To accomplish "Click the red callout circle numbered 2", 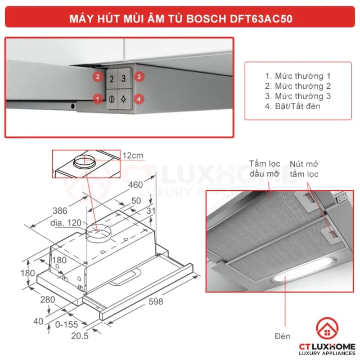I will tap(98, 76).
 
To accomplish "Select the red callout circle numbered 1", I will tap(98, 98).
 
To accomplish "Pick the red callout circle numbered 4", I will tap(138, 98).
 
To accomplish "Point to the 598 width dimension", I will tap(156, 302).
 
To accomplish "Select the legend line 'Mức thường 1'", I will tap(298, 76).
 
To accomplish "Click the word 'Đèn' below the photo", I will tap(283, 336).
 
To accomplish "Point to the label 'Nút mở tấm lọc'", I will tap(304, 169).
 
